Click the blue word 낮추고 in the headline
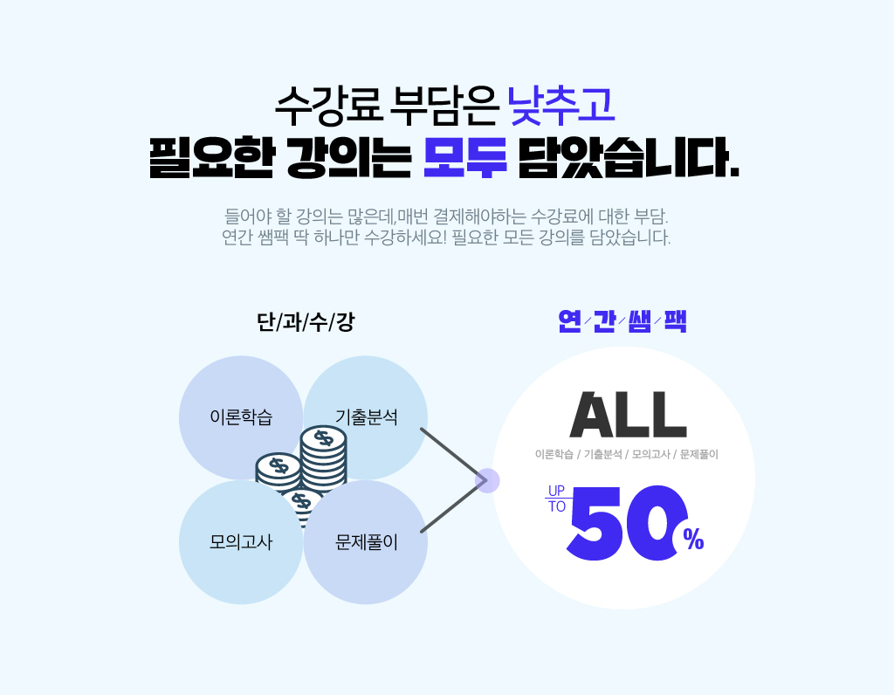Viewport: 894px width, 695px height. pyautogui.click(x=561, y=105)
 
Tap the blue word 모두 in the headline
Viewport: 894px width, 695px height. pyautogui.click(x=464, y=158)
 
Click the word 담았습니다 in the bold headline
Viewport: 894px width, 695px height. pyautogui.click(x=628, y=158)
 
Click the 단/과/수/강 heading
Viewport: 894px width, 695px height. pyautogui.click(x=305, y=322)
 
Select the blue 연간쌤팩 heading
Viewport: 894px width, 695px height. pyautogui.click(x=622, y=321)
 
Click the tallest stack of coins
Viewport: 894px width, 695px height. pyautogui.click(x=323, y=454)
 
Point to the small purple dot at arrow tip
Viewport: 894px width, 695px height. pyautogui.click(x=487, y=480)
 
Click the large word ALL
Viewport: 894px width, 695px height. pyautogui.click(x=627, y=416)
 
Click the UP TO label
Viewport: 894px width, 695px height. pyautogui.click(x=556, y=498)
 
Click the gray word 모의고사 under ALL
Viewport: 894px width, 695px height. pyautogui.click(x=650, y=455)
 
